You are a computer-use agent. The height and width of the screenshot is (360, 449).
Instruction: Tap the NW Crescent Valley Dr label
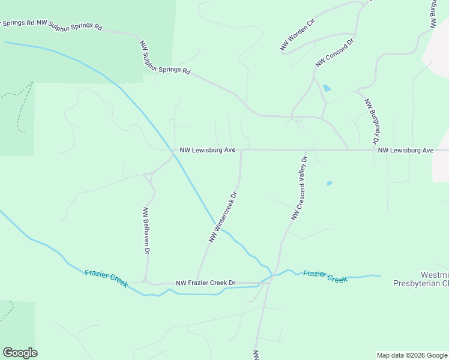[x=299, y=188]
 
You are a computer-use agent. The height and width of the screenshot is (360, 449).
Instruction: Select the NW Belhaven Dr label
[x=145, y=231]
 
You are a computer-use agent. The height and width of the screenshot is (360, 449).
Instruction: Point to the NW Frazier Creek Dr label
[x=205, y=283]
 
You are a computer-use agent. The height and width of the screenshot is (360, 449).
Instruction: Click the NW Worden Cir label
[x=297, y=34]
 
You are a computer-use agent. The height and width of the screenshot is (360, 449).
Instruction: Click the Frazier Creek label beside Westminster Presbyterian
[x=325, y=276]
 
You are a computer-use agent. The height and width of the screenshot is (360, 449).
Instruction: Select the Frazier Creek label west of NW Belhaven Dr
[x=106, y=278]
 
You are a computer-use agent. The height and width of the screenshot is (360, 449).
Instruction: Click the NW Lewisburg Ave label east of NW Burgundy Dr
[x=406, y=150]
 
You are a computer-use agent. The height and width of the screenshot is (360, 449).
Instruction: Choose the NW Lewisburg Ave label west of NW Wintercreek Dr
[x=207, y=150]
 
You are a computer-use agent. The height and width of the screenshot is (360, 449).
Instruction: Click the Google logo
[x=20, y=353]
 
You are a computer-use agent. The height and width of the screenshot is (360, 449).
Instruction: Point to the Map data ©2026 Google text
[x=412, y=355]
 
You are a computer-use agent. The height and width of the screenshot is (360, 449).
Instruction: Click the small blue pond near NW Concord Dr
[x=327, y=88]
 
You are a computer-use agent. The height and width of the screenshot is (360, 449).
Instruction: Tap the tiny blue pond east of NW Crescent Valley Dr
[x=329, y=182]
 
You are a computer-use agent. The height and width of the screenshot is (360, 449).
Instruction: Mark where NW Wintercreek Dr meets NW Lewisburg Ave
[x=241, y=150]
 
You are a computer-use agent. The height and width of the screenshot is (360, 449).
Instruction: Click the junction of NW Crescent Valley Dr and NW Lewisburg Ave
[x=306, y=150]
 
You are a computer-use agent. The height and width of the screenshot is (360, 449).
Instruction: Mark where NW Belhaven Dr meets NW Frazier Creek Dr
[x=146, y=281]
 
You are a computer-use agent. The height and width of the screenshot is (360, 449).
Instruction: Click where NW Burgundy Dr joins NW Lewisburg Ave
[x=375, y=150]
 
